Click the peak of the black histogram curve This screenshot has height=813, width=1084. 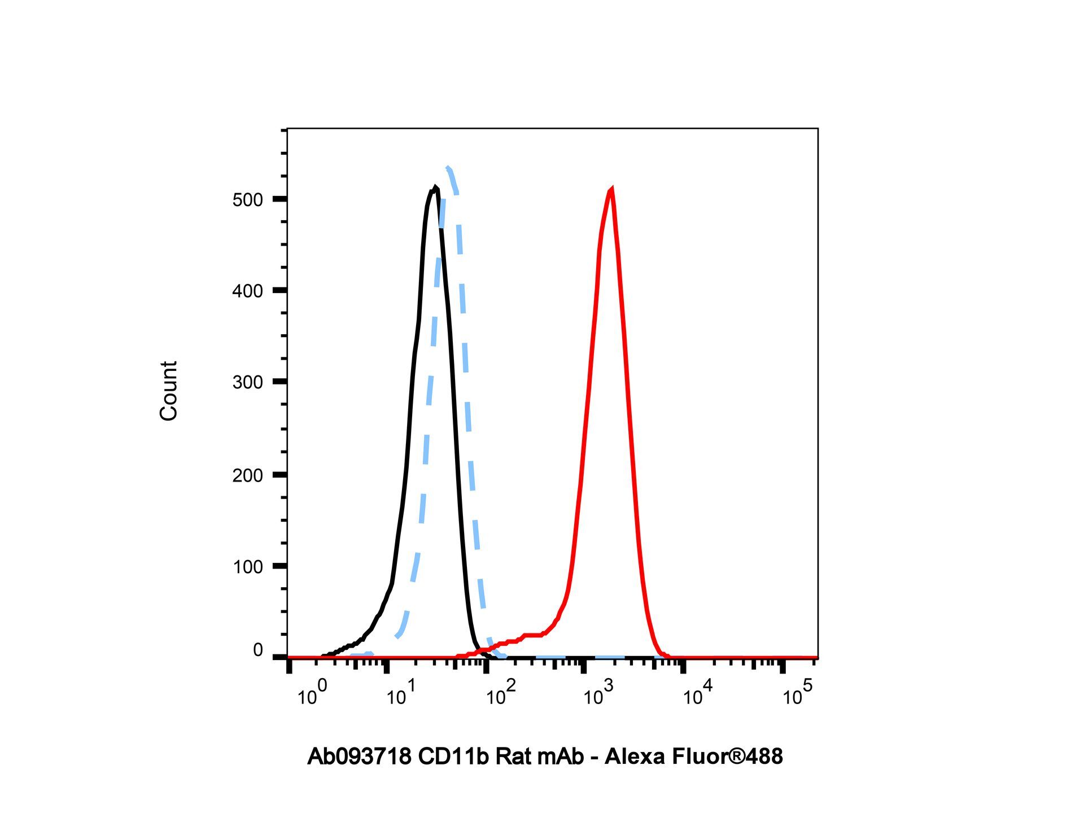coord(435,187)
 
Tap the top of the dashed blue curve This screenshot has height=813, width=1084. coord(448,167)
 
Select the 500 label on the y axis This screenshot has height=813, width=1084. coord(247,200)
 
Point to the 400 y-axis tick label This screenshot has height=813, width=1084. coord(247,291)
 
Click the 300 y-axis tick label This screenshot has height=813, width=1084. coord(247,382)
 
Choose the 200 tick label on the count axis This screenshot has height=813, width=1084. coord(247,475)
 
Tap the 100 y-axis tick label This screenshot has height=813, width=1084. coord(247,567)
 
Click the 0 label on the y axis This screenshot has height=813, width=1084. coord(258,650)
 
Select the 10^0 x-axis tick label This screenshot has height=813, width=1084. coord(312,693)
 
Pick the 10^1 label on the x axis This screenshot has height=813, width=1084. coord(401,693)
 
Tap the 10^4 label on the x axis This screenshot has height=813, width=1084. coord(698,693)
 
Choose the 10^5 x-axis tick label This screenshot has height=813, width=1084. coord(797,693)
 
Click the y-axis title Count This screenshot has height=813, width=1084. coord(169,391)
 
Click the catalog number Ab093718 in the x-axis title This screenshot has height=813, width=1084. coord(360,757)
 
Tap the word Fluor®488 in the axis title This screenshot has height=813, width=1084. coord(727,757)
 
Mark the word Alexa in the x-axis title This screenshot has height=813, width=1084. coord(635,757)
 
